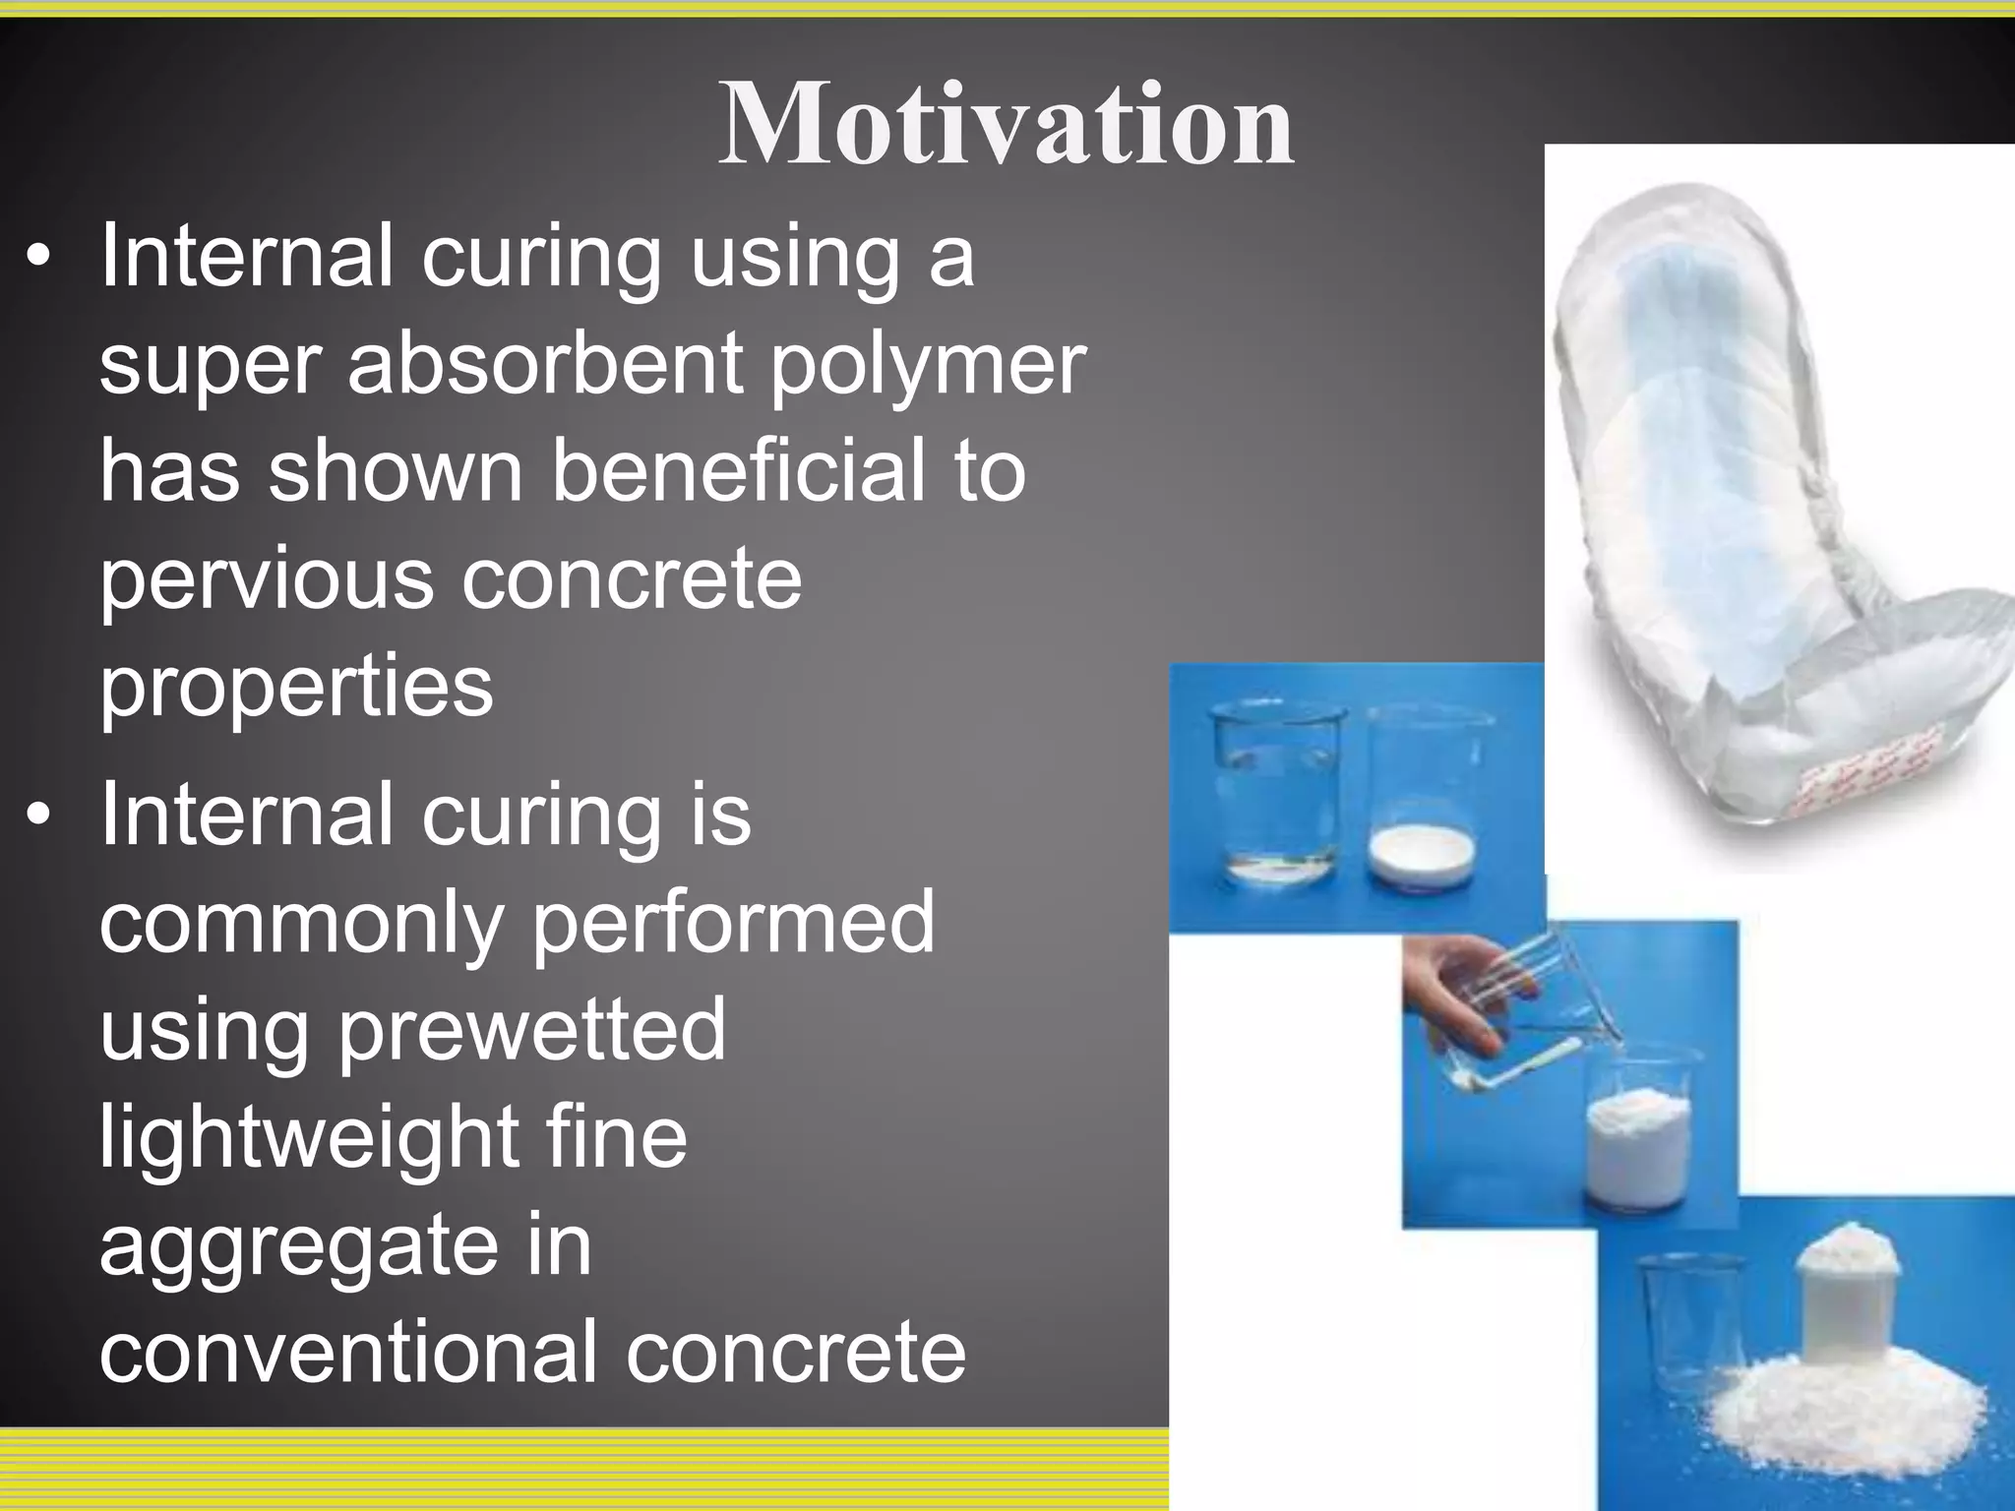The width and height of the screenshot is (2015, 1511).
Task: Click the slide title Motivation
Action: [1006, 126]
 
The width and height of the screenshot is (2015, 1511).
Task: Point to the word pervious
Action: [266, 580]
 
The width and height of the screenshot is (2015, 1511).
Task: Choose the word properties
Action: [296, 687]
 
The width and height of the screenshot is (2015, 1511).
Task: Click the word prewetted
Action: [531, 1029]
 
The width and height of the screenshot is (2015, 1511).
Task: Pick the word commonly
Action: [301, 922]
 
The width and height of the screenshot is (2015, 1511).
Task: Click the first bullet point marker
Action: [38, 258]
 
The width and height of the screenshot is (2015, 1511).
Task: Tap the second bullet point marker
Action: [38, 816]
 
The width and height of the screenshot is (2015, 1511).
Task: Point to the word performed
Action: [733, 922]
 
